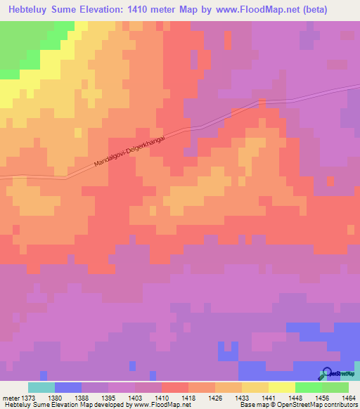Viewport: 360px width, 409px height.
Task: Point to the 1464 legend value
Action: click(x=349, y=396)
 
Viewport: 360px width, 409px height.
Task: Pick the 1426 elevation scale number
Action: click(x=228, y=396)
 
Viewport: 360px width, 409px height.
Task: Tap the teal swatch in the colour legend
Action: click(x=41, y=387)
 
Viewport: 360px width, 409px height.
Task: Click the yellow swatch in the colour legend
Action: click(x=281, y=387)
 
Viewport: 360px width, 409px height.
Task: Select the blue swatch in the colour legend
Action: click(x=68, y=387)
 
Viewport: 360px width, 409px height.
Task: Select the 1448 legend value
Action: click(x=308, y=396)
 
